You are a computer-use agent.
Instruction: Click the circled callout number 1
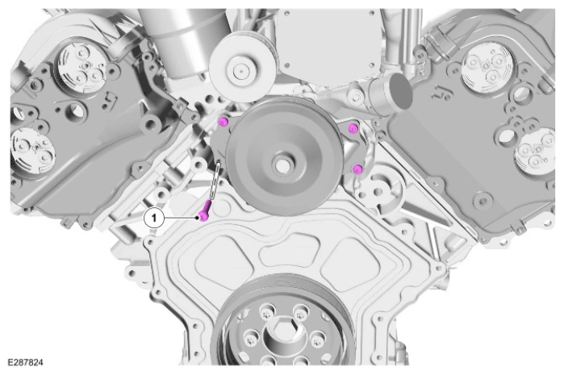tap(154, 218)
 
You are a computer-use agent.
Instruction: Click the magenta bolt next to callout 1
tap(205, 212)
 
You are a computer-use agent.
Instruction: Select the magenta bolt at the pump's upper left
tap(223, 122)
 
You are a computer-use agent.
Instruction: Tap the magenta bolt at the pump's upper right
tap(353, 128)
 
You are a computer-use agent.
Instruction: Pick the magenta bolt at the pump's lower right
tap(357, 169)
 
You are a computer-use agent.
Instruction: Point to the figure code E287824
tap(25, 362)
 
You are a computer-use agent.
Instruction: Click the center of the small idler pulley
tap(239, 71)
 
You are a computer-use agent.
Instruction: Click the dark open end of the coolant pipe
tap(400, 92)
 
